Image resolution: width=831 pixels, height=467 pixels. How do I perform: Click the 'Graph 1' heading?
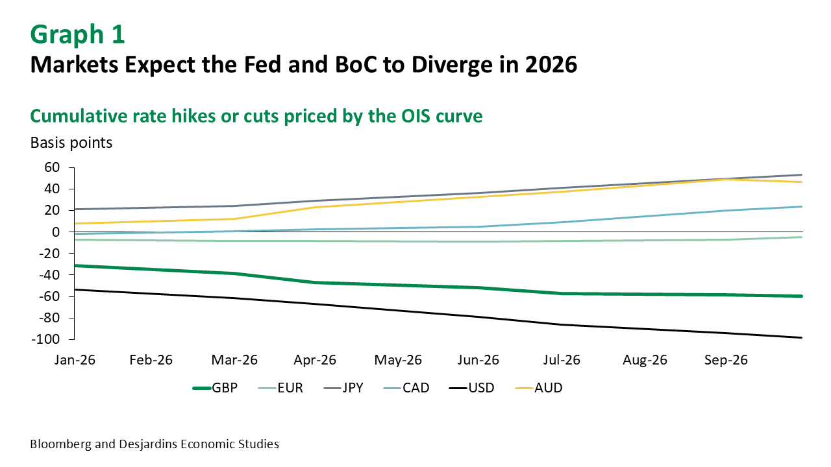pyautogui.click(x=77, y=35)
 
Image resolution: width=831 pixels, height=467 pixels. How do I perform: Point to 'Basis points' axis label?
pyautogui.click(x=71, y=143)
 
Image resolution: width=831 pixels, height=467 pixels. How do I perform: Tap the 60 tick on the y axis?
pyautogui.click(x=52, y=167)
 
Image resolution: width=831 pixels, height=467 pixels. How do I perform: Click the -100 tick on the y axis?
pyautogui.click(x=47, y=339)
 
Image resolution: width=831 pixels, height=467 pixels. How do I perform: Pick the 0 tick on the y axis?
pyautogui.click(x=56, y=232)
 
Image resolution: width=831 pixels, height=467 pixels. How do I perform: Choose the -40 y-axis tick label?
pyautogui.click(x=50, y=274)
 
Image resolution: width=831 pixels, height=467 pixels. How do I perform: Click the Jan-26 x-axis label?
pyautogui.click(x=75, y=360)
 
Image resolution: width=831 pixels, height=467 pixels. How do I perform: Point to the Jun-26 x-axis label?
pyautogui.click(x=480, y=360)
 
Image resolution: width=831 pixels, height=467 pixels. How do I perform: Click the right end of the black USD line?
pyautogui.click(x=802, y=337)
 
